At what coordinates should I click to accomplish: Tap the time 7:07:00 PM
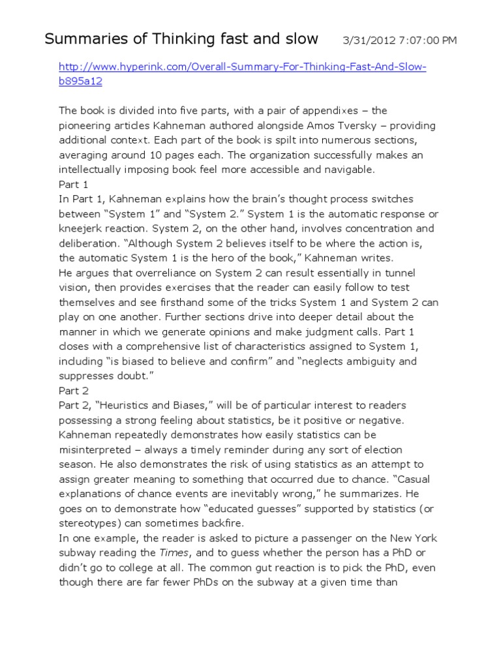click(427, 40)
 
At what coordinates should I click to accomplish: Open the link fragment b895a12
click(81, 82)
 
